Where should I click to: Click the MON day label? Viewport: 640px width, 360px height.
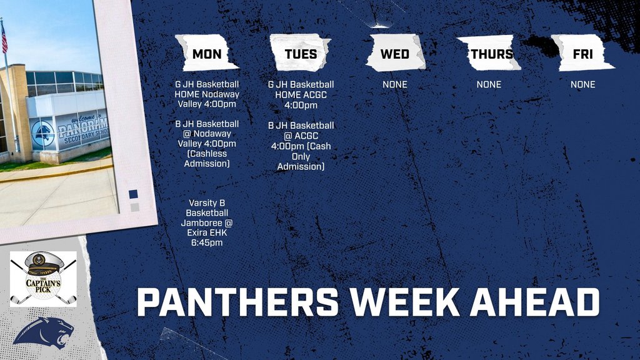pyautogui.click(x=207, y=54)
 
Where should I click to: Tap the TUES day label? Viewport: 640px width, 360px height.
pyautogui.click(x=301, y=54)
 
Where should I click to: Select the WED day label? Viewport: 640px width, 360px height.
pyautogui.click(x=395, y=54)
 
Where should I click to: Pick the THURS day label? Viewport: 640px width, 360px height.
pyautogui.click(x=492, y=54)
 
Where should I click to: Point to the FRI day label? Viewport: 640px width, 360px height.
pyautogui.click(x=582, y=54)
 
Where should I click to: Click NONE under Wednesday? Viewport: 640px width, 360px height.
pyautogui.click(x=395, y=84)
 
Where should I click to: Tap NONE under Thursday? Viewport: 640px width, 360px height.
pyautogui.click(x=489, y=84)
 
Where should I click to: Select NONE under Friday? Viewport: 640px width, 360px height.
pyautogui.click(x=582, y=84)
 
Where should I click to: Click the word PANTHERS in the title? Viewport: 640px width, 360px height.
pyautogui.click(x=237, y=302)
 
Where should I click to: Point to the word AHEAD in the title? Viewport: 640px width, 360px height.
pyautogui.click(x=534, y=302)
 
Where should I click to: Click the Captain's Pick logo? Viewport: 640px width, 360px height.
pyautogui.click(x=43, y=279)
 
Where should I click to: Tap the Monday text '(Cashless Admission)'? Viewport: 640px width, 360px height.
pyautogui.click(x=207, y=159)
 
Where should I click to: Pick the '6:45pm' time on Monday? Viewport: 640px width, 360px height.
pyautogui.click(x=207, y=243)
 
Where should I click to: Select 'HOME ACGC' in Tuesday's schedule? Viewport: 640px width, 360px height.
pyautogui.click(x=301, y=95)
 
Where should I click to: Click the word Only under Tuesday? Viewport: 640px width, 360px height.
pyautogui.click(x=301, y=156)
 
